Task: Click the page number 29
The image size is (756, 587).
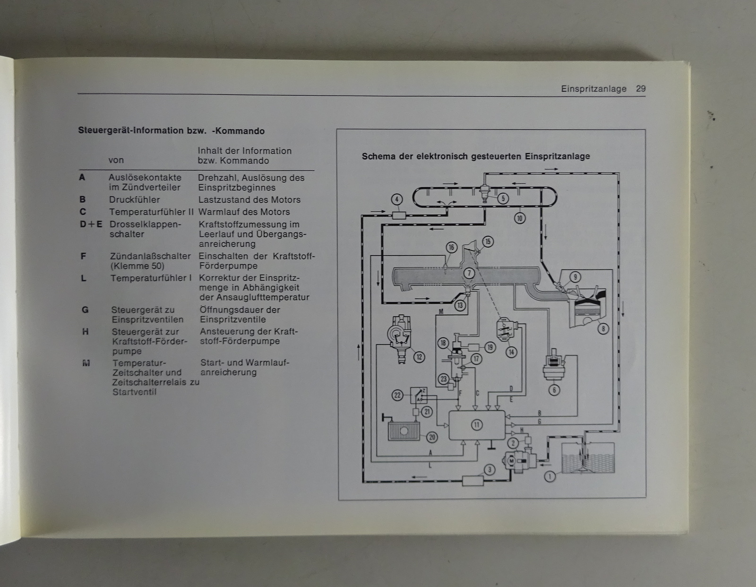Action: coord(641,89)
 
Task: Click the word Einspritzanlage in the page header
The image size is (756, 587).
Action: coord(593,89)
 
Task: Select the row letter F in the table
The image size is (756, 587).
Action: coord(83,256)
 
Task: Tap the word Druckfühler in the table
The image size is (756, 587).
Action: coord(135,200)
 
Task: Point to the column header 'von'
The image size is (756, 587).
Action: coord(116,160)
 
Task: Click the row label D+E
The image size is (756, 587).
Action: coord(91,224)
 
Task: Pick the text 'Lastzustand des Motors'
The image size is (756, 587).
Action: coord(249,200)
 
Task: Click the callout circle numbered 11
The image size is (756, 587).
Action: coord(477,425)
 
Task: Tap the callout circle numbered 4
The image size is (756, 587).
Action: coord(397,199)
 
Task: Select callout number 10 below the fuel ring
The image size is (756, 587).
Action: coord(520,218)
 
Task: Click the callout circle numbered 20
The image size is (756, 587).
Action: coord(432,437)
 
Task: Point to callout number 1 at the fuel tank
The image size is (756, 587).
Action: coord(550,476)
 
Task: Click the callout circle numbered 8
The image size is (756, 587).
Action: coord(603,328)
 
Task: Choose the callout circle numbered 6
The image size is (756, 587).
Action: coord(554,390)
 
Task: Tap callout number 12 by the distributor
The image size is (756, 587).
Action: coord(419,357)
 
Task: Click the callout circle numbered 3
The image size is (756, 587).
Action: coord(490,470)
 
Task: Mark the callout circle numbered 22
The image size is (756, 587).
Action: coord(397,395)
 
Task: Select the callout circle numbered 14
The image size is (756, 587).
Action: coord(511,352)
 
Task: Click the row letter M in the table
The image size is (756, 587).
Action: coord(86,363)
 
